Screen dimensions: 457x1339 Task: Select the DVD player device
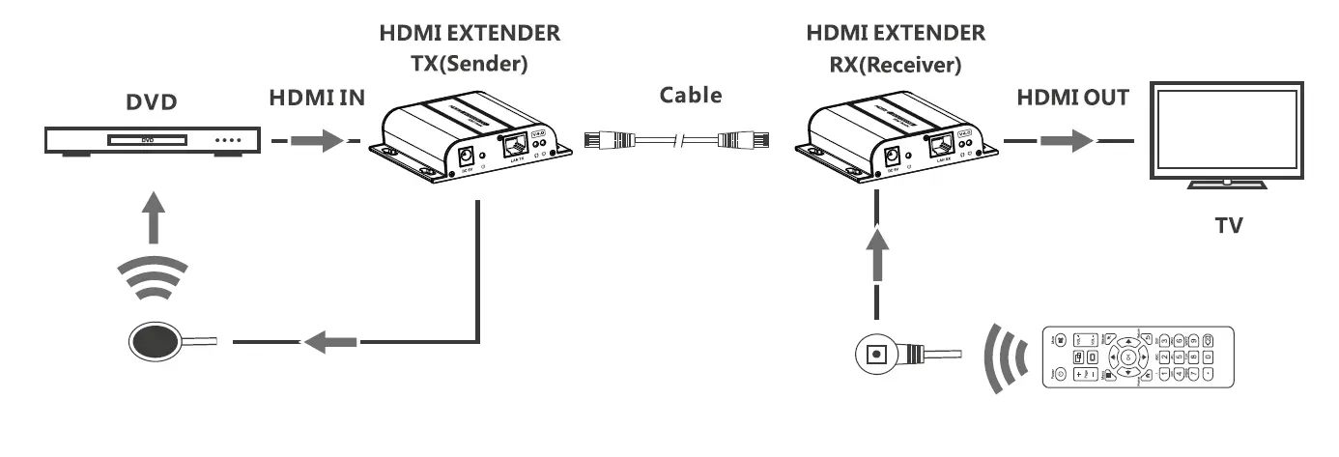(154, 141)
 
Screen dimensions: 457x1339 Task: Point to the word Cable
(690, 96)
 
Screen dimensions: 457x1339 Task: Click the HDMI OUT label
(1071, 99)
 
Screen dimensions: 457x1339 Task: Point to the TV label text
(1228, 226)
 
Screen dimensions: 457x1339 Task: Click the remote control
(1138, 357)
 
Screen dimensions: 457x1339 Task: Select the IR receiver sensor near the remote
(878, 354)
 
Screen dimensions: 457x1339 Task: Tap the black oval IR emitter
(155, 341)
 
